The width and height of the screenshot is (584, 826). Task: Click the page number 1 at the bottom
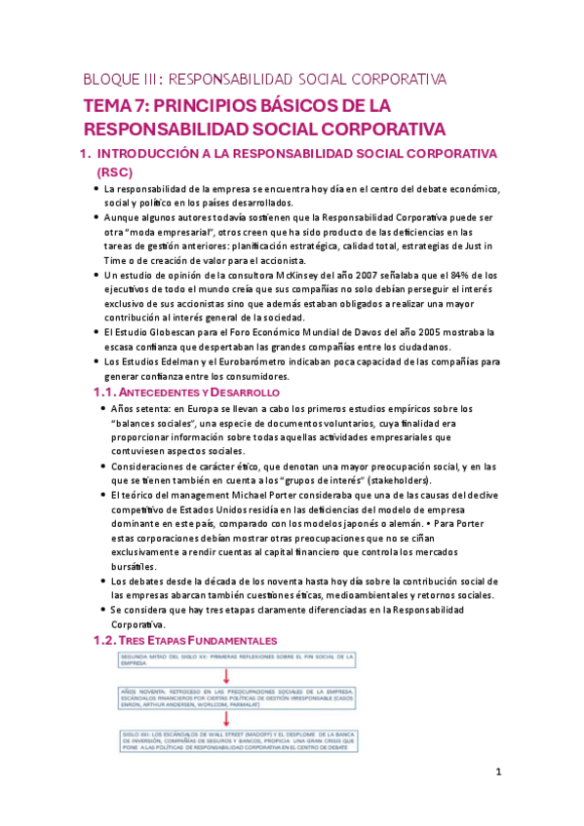[498, 772]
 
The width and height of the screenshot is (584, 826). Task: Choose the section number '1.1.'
[102, 392]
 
